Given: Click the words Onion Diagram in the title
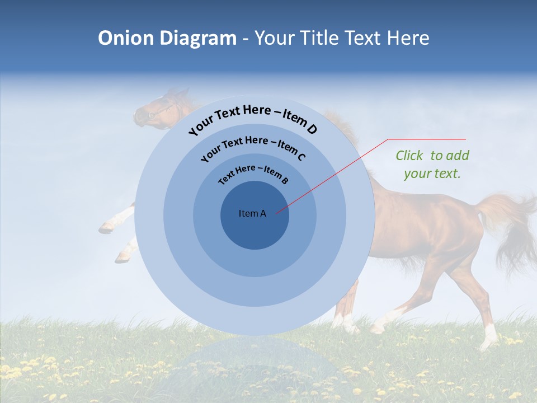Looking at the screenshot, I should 167,38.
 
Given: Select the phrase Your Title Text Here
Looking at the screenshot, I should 342,38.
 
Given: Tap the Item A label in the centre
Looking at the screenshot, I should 252,213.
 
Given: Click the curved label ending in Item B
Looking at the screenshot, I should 253,175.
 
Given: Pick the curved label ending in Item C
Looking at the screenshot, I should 253,149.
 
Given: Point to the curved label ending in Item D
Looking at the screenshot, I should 253,120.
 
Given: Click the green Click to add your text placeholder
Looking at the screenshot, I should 432,164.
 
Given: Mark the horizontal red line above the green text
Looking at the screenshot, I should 427,139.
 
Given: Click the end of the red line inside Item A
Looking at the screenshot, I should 276,213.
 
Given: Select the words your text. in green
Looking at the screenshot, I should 432,174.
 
